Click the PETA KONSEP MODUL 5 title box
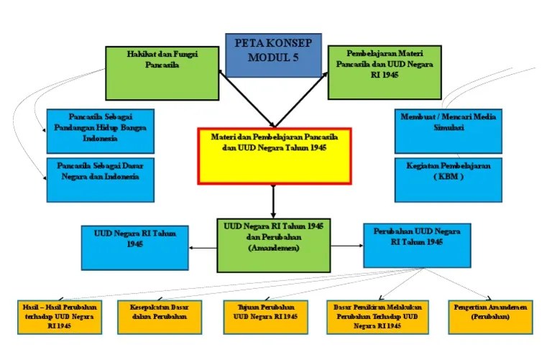tap(273, 54)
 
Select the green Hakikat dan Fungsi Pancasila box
tap(162, 73)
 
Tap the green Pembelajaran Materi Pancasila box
tap(384, 73)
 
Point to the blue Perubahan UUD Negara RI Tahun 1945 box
tap(417, 244)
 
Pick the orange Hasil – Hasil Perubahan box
tap(60, 317)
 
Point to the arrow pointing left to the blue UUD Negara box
tap(203, 249)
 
